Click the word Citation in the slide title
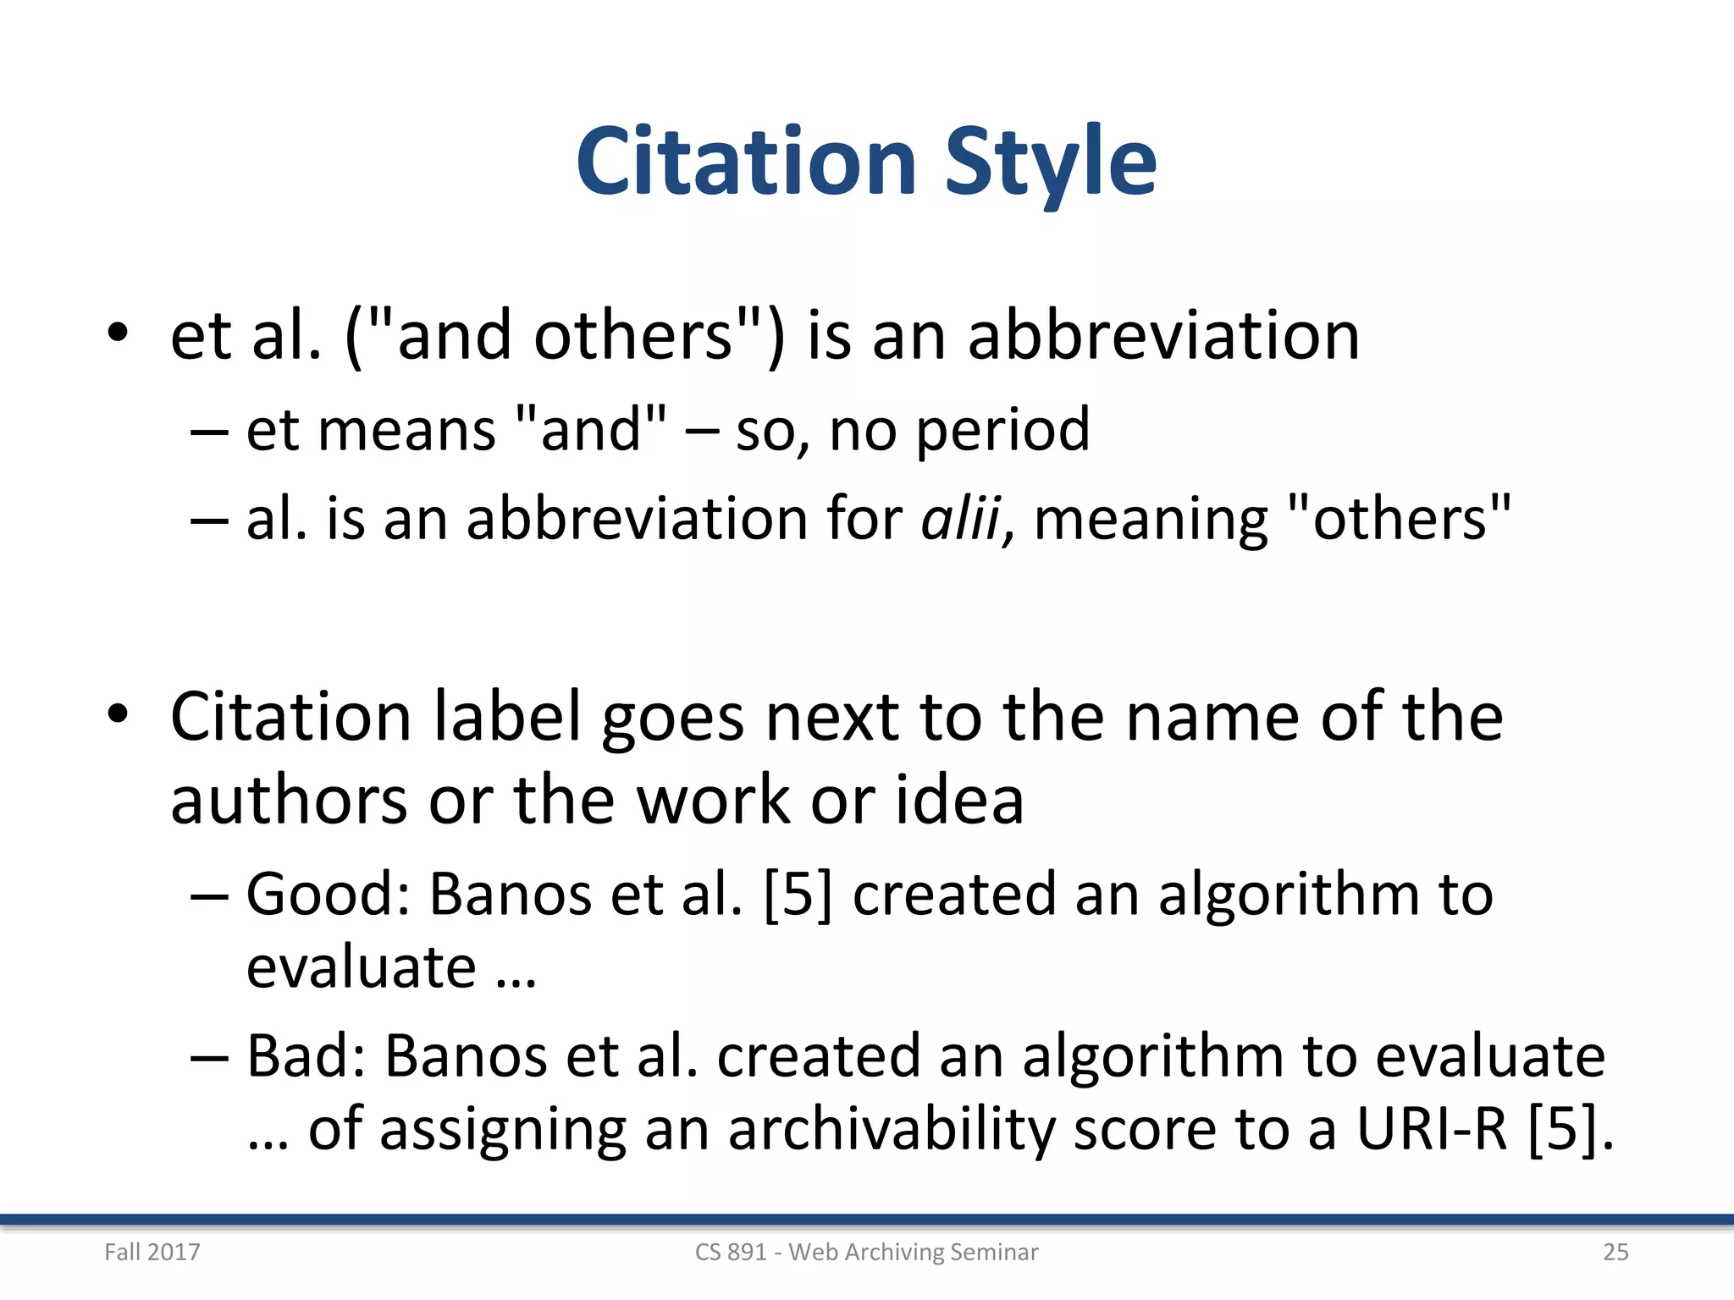pyautogui.click(x=746, y=161)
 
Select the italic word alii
pyautogui.click(x=960, y=518)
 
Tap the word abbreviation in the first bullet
pyautogui.click(x=1163, y=336)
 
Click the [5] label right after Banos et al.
pyautogui.click(x=798, y=895)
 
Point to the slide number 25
pyautogui.click(x=1615, y=1252)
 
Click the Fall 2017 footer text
pyautogui.click(x=152, y=1252)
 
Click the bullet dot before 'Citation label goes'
pyautogui.click(x=118, y=714)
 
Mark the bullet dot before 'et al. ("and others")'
pyautogui.click(x=118, y=333)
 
